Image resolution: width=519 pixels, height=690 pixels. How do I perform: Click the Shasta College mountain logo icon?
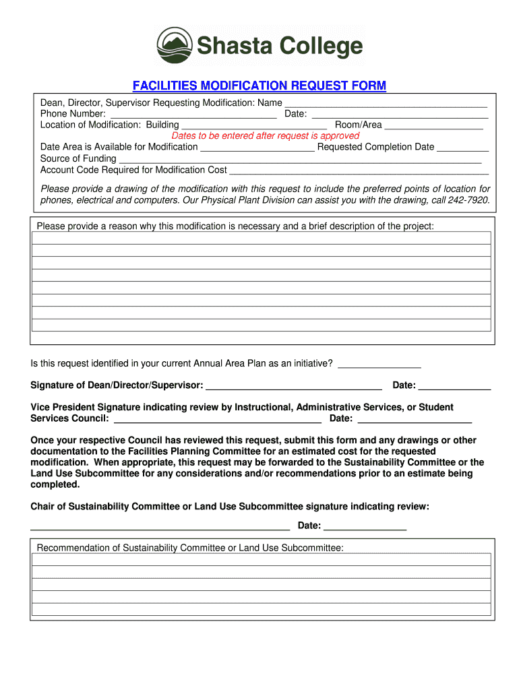[175, 45]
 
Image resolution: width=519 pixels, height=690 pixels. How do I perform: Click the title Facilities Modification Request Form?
[259, 86]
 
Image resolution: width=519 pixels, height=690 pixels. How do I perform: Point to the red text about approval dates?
[266, 135]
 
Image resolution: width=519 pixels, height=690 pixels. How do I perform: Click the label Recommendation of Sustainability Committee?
[190, 548]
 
